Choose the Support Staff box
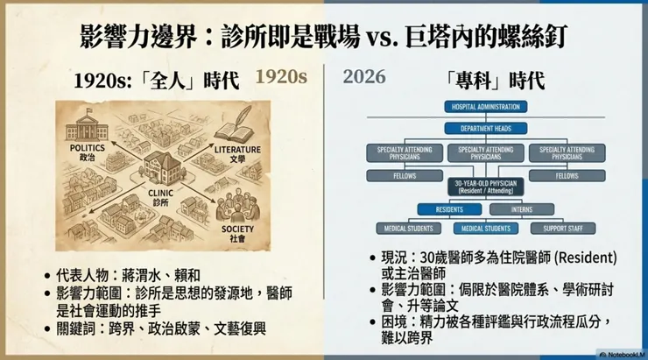coord(568,229)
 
